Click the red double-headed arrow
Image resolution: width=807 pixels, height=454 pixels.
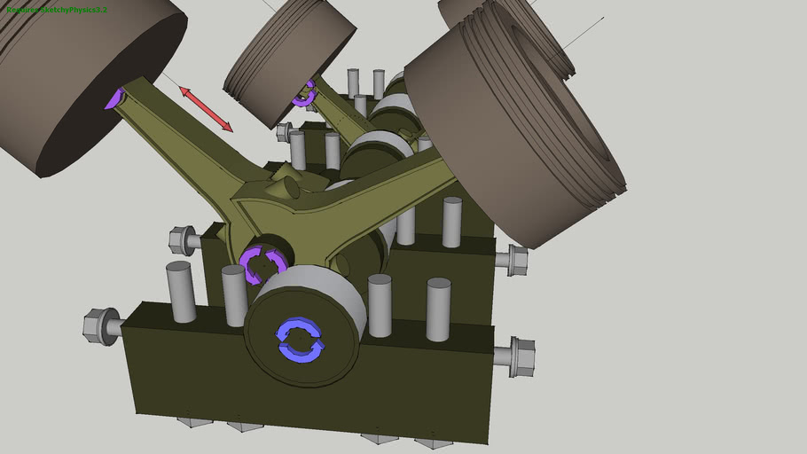click(x=207, y=110)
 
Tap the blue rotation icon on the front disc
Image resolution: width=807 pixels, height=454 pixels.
click(x=301, y=340)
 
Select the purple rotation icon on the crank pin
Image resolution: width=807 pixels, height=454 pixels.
click(x=263, y=264)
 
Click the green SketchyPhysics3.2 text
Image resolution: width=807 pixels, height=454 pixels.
click(x=57, y=10)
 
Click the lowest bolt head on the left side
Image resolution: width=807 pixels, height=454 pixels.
click(x=101, y=325)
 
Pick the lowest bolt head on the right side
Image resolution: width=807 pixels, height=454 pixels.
click(x=521, y=356)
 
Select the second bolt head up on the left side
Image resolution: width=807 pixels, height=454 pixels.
click(x=183, y=239)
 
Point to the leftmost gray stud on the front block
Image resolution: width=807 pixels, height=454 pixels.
click(x=180, y=292)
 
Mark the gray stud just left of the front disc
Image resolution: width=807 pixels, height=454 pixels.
click(x=234, y=295)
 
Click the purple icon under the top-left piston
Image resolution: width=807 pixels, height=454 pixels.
click(x=114, y=98)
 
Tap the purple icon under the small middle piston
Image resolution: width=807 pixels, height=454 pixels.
click(x=307, y=92)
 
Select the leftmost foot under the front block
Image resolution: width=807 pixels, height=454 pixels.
click(x=194, y=421)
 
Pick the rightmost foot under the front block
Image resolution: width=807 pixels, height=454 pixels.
click(x=433, y=441)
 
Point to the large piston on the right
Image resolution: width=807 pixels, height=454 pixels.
click(x=514, y=124)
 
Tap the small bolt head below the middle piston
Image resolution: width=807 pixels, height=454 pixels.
click(x=285, y=132)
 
